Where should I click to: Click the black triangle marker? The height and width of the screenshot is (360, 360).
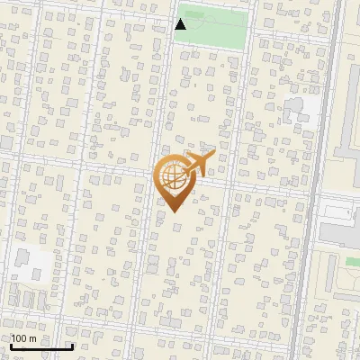coord(181,24)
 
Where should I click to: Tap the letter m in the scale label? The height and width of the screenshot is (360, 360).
coord(33,338)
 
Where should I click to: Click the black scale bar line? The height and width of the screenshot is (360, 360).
coord(40,347)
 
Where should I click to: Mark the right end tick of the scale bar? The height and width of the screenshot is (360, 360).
coord(72,346)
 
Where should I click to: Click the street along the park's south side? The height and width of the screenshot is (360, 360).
coord(211,50)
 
